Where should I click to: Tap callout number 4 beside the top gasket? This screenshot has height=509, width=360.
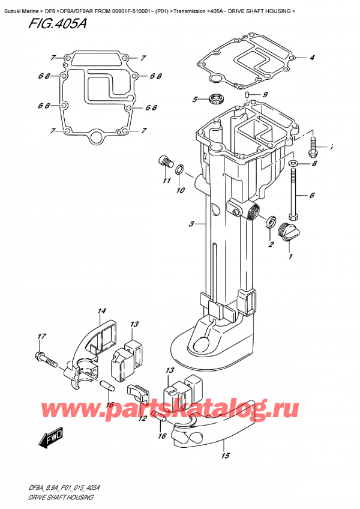(x=313, y=58)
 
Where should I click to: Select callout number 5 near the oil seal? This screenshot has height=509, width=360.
(x=194, y=100)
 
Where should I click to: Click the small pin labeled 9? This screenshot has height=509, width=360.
(x=247, y=95)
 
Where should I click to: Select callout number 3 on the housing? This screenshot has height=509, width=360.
(x=191, y=224)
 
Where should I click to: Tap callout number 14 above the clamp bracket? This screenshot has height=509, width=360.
(x=101, y=311)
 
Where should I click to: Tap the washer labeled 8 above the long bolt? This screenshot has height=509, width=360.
(x=293, y=163)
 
